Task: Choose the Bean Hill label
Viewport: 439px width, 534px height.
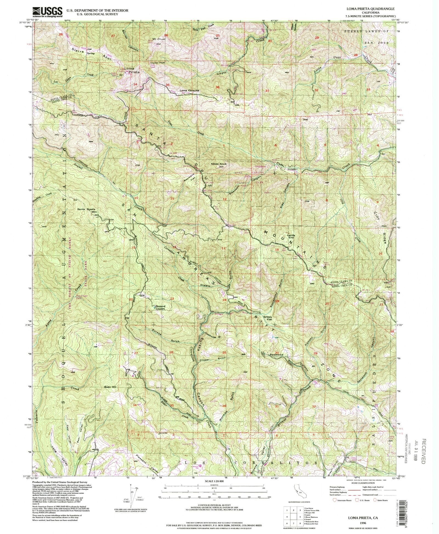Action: click(111, 387)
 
